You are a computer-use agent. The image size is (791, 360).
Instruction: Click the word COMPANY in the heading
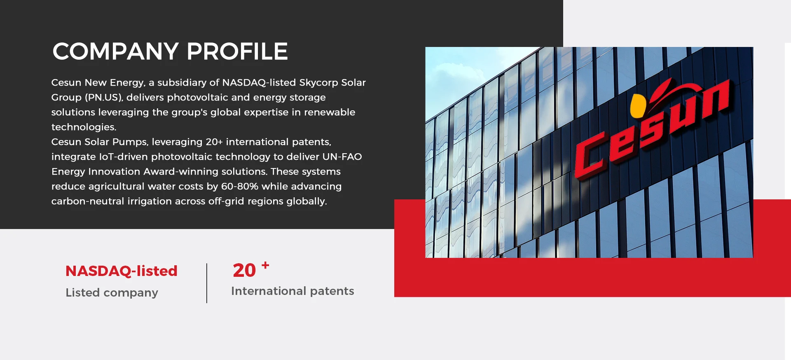tap(116, 51)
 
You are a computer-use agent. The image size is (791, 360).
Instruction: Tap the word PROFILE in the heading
tap(237, 51)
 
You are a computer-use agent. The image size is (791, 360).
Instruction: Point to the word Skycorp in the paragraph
tap(318, 83)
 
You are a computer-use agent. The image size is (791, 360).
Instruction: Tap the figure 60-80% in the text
tap(240, 187)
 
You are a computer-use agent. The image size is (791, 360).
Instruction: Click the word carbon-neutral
tap(88, 201)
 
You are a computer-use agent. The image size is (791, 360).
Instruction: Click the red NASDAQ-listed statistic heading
tap(122, 271)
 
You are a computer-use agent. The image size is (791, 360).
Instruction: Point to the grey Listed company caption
tap(112, 292)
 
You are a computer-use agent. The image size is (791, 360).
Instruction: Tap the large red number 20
tap(244, 271)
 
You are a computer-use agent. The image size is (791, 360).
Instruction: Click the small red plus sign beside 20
tap(266, 265)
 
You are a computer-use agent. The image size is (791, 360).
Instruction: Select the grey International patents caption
tap(293, 291)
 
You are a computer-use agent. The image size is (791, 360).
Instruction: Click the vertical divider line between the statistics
tap(207, 283)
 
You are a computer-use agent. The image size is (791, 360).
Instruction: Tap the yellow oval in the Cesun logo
tap(637, 106)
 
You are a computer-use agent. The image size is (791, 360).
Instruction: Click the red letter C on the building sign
tap(591, 157)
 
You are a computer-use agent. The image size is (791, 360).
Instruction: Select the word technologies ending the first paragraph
tap(84, 127)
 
